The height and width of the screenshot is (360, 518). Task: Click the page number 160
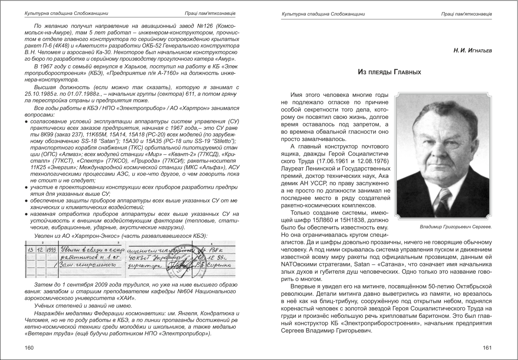(x=29, y=348)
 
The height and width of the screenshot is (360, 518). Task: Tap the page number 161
(x=487, y=348)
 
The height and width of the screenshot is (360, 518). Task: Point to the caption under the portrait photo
(x=456, y=227)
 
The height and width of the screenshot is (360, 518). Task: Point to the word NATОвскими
(x=297, y=265)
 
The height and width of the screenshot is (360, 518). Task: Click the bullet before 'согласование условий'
(x=26, y=121)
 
